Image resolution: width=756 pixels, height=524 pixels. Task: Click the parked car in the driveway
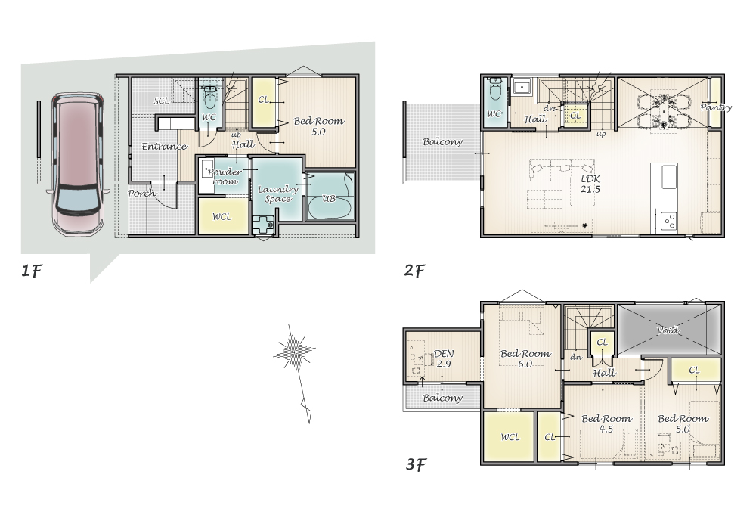coord(77,164)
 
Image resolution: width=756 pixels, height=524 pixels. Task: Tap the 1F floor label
coord(31,271)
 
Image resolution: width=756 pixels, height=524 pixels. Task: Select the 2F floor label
coord(414,271)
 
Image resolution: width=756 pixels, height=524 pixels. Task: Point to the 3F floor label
coord(416,464)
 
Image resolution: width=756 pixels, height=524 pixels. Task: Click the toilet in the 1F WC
coord(209,98)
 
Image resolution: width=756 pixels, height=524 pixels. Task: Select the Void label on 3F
coord(668,330)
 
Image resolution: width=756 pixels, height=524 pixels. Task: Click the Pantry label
coord(715,107)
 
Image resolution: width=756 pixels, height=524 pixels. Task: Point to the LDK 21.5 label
coord(590,184)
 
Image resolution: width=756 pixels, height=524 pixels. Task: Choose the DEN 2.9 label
coord(443,358)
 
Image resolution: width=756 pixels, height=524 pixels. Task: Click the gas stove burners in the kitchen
coord(669,221)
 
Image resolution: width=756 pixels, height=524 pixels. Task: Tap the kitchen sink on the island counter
coord(669,177)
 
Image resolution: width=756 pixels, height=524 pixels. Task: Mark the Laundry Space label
coord(277,194)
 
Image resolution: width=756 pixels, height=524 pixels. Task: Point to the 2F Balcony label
coord(442,141)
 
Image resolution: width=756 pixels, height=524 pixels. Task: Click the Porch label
coord(142,194)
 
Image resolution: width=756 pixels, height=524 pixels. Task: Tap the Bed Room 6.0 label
coord(525,358)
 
